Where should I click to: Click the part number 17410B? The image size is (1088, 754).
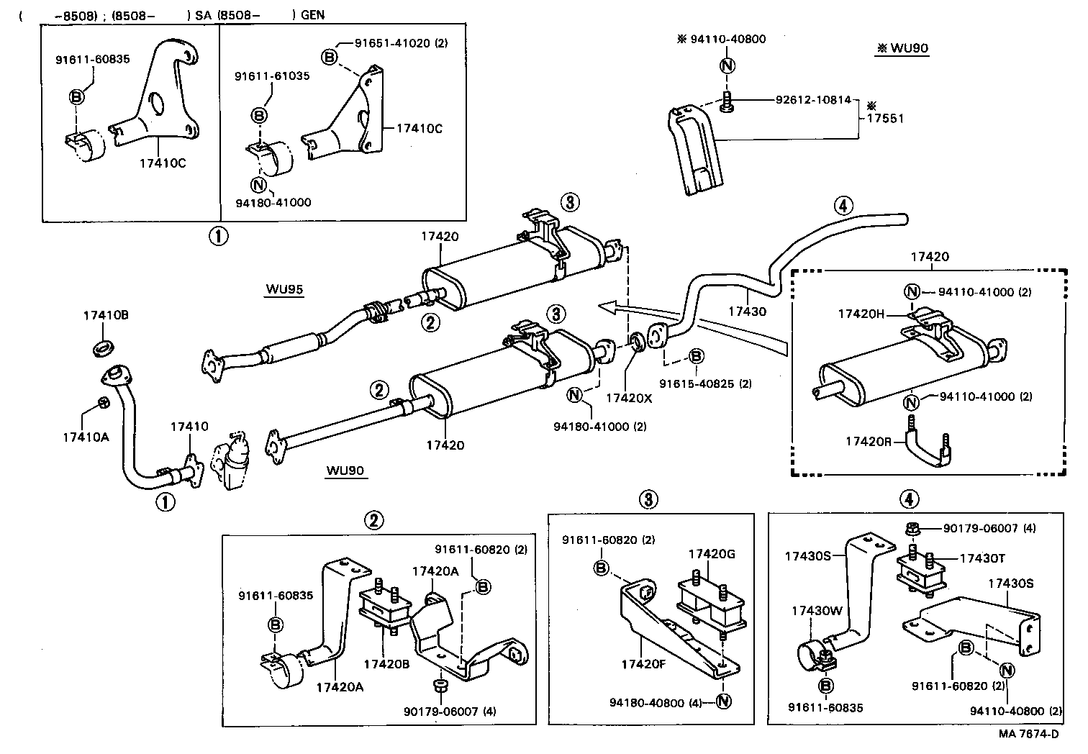tap(106, 315)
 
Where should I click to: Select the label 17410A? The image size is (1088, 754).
tap(85, 435)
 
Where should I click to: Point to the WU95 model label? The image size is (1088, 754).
tap(284, 290)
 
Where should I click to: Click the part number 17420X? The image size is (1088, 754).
tap(627, 397)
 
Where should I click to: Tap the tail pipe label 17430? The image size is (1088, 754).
tap(747, 312)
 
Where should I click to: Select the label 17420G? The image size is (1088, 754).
tap(712, 553)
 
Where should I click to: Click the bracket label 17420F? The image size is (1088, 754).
tap(645, 664)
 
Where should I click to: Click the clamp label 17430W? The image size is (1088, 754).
tap(817, 610)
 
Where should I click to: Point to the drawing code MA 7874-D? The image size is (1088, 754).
tap(1028, 734)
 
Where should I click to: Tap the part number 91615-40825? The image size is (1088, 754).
tap(706, 383)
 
